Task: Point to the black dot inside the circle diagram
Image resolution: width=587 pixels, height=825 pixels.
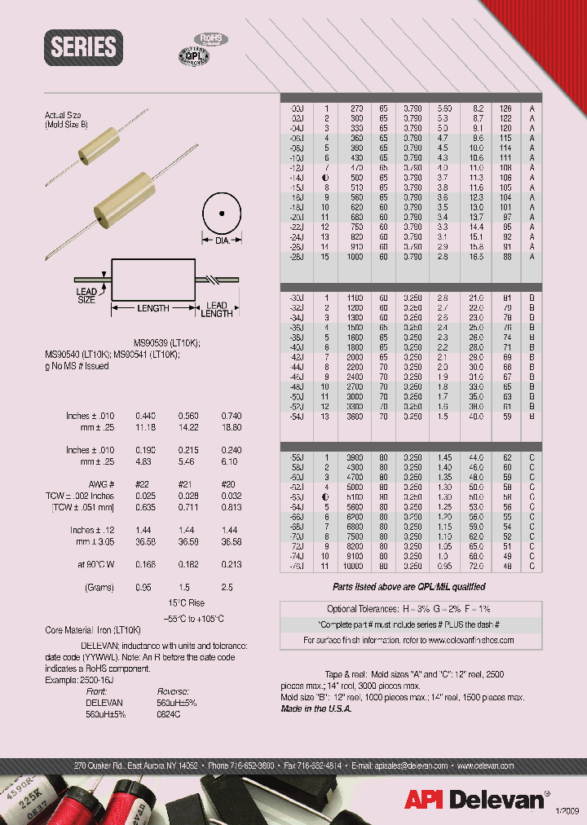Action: point(221,214)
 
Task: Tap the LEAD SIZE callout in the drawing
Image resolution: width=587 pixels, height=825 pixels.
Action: point(86,295)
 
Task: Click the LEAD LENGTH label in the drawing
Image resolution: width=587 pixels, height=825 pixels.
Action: point(216,309)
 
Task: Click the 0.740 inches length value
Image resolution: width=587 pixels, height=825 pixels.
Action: point(232,416)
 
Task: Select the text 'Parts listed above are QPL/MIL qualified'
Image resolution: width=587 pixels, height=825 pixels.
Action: point(408,587)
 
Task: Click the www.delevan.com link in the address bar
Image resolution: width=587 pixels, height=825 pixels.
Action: point(484,766)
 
